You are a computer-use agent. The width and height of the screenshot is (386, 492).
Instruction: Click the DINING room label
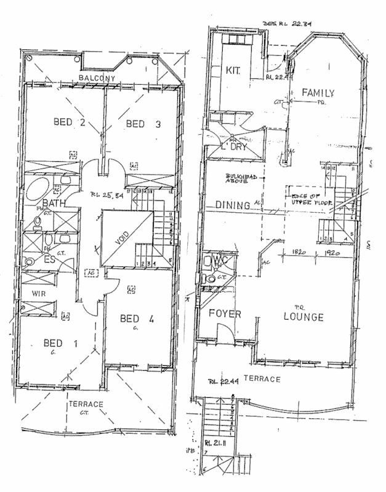coord(232,205)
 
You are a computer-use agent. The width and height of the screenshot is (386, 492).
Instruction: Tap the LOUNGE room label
coord(304,317)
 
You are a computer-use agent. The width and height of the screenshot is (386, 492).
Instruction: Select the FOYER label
coord(223,314)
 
